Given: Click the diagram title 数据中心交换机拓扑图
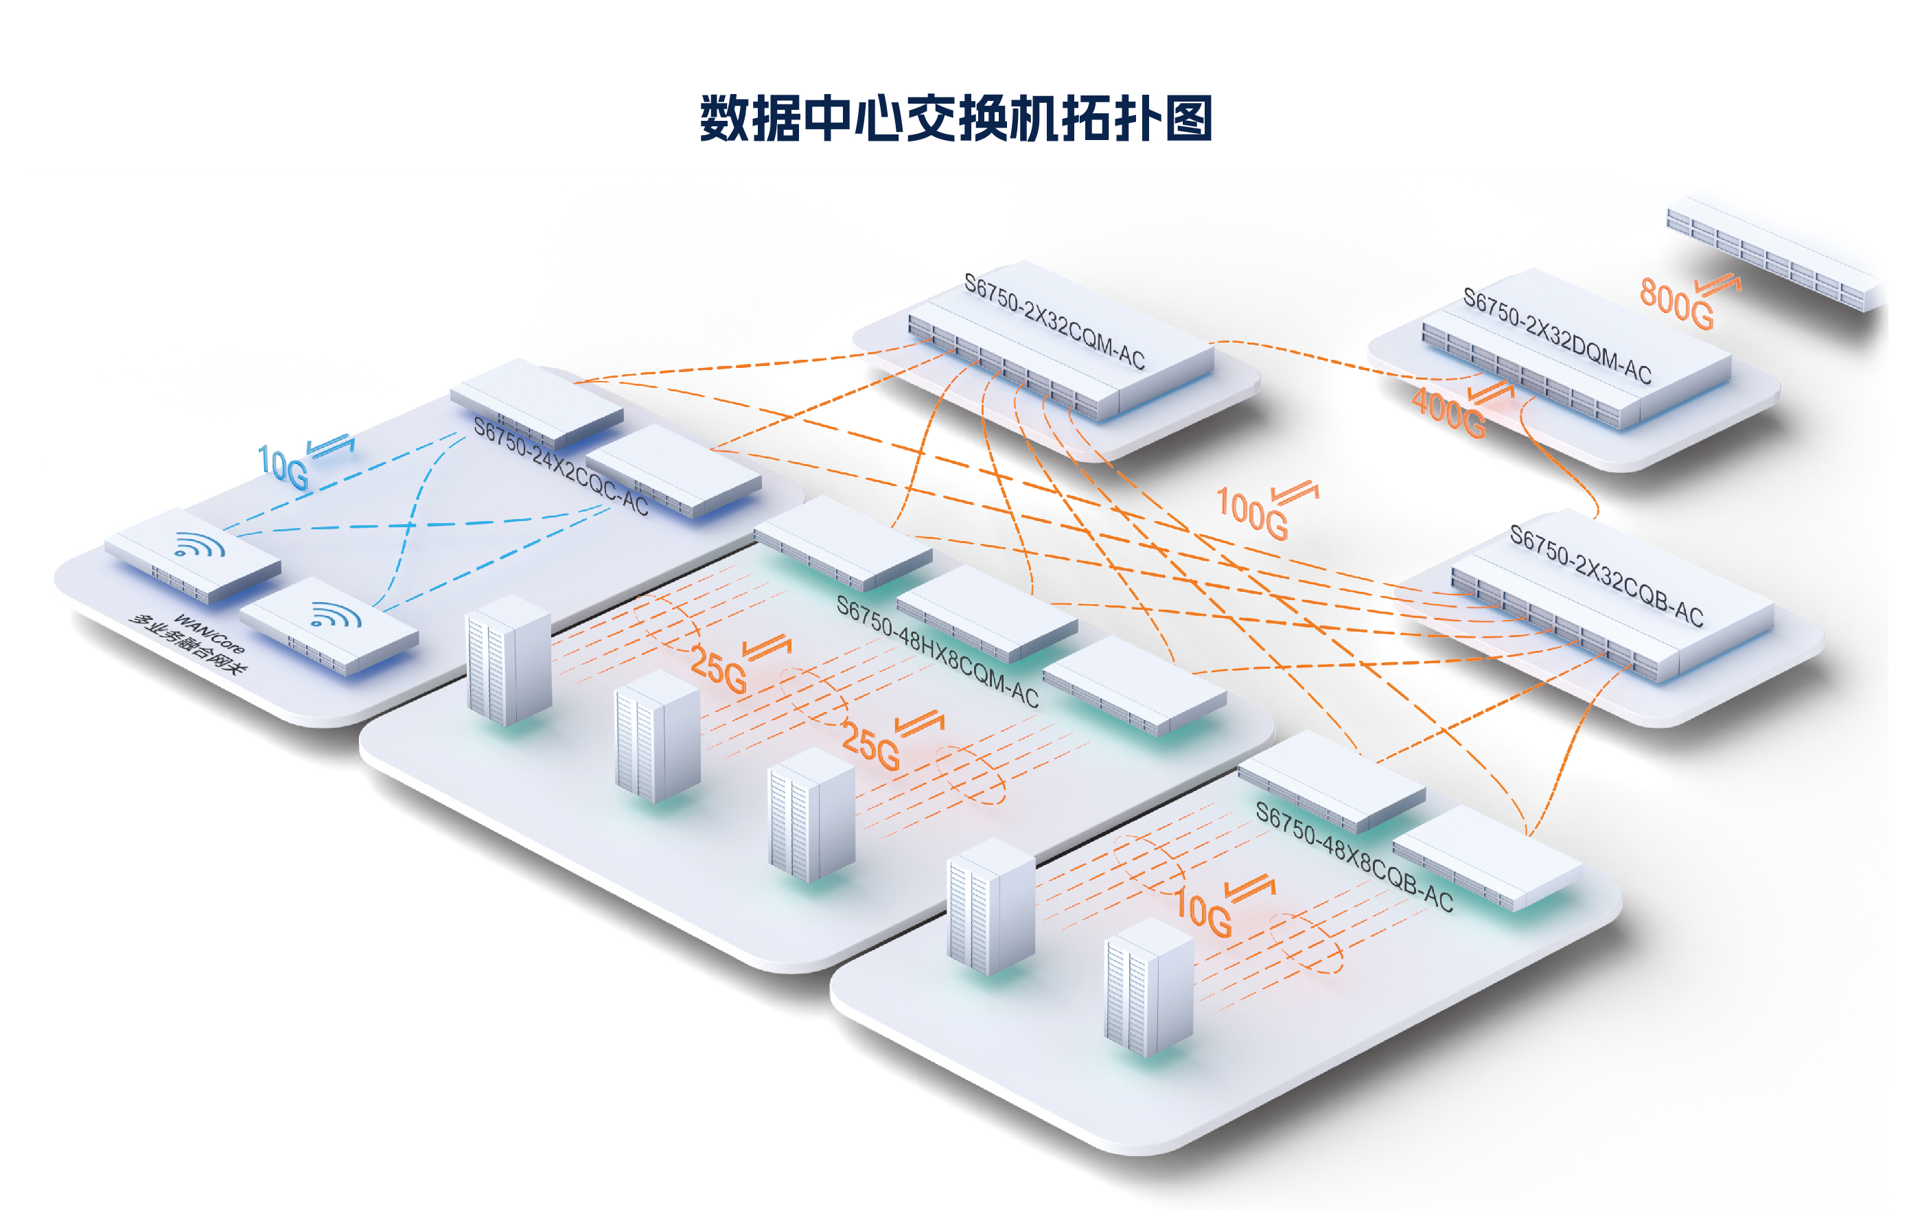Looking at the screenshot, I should [956, 118].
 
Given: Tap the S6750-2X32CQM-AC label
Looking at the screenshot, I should [1054, 321].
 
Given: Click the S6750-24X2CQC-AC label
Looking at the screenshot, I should [560, 466].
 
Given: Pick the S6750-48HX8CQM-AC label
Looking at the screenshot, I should [937, 652].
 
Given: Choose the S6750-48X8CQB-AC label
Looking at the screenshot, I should [1354, 856].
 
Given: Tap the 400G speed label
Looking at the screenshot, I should [1448, 413].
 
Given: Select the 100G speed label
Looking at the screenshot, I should [1251, 514].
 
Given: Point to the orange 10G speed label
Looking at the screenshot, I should [1203, 914].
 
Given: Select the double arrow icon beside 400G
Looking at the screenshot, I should [1491, 392].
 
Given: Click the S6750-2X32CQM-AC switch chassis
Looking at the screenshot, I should [1062, 359].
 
